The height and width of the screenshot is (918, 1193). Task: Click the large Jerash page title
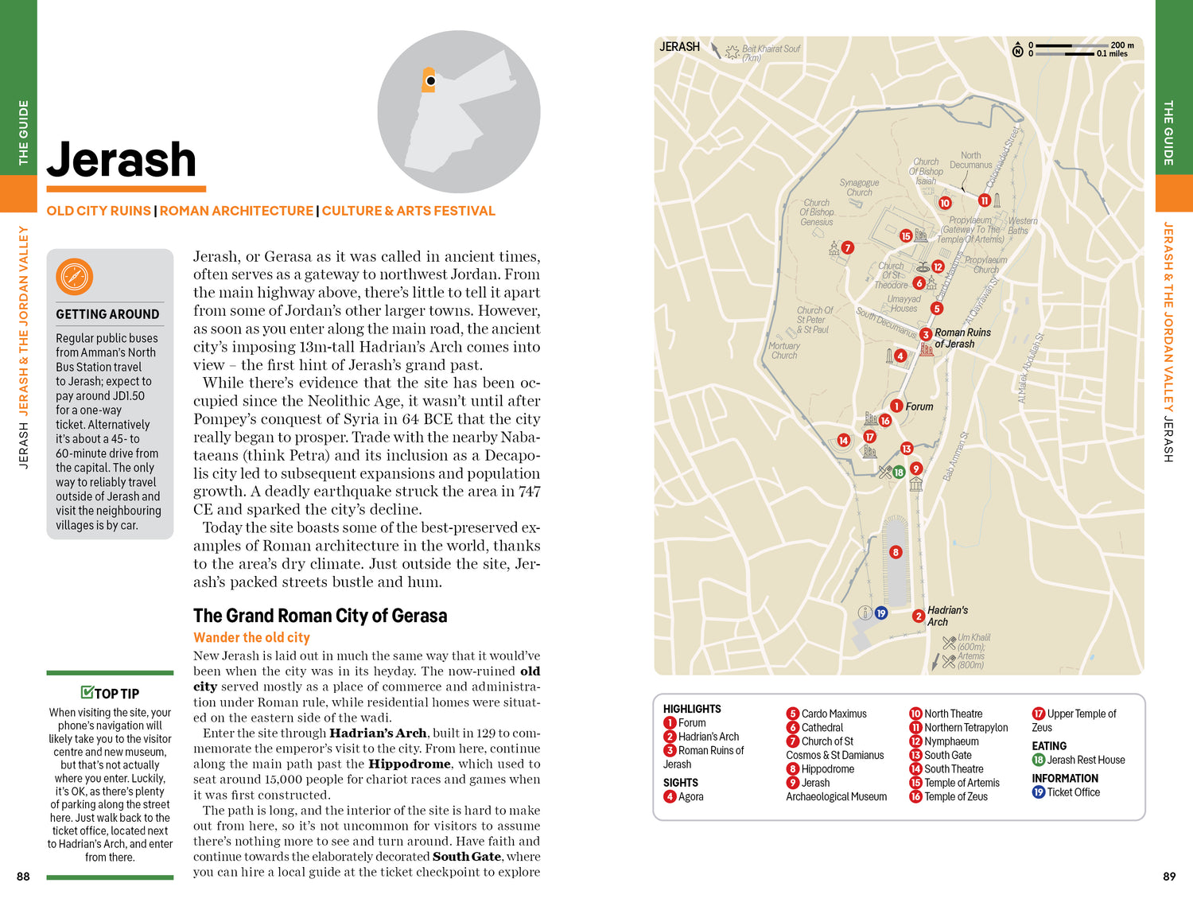122,160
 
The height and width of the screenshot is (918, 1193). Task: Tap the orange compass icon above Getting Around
75,277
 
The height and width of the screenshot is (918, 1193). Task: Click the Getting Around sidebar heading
107,314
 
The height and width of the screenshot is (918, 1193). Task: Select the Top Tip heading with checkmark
111,694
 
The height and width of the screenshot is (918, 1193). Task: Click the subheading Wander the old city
251,637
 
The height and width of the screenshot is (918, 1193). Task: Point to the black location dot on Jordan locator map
430,81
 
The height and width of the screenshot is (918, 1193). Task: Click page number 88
23,877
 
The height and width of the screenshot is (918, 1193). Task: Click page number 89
1169,877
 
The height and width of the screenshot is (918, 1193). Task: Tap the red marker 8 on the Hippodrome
896,552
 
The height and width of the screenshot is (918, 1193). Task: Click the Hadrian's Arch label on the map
947,616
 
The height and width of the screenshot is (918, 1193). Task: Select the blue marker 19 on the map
881,613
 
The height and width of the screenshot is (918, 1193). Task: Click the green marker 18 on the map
899,472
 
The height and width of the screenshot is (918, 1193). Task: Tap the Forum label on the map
919,406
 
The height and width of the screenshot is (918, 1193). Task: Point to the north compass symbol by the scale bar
1017,52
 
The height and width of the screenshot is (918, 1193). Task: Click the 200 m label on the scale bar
1122,45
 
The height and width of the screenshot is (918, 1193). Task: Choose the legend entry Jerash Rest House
1086,760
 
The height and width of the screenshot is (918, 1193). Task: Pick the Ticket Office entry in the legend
1073,792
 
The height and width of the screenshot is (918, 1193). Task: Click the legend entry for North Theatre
953,714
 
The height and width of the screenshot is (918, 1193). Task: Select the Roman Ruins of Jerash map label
962,338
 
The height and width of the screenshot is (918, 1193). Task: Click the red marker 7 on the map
848,248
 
